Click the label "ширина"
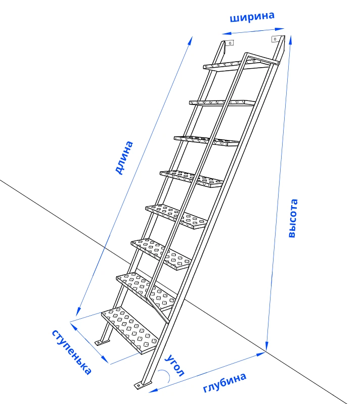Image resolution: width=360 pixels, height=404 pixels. (x=252, y=17)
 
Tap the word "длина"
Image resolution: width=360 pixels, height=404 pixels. (x=124, y=158)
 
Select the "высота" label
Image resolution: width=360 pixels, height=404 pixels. (x=293, y=218)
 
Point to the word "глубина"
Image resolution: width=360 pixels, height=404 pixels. (x=224, y=383)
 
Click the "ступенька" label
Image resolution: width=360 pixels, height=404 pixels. (x=72, y=352)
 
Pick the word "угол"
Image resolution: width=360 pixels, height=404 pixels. (x=175, y=365)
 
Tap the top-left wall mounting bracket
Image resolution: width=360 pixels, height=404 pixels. (x=230, y=43)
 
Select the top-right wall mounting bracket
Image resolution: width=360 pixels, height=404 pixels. (x=276, y=39)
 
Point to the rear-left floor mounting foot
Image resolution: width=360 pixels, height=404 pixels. (x=102, y=342)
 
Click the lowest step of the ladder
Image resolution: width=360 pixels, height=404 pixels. (x=129, y=330)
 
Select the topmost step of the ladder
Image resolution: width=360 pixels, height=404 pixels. (x=236, y=65)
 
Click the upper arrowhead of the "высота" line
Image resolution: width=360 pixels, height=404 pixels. (x=291, y=39)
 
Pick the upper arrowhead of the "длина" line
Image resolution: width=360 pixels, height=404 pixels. (x=191, y=40)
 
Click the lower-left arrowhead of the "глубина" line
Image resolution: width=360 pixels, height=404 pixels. (x=153, y=390)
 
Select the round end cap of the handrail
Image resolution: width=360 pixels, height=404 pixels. (x=278, y=63)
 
